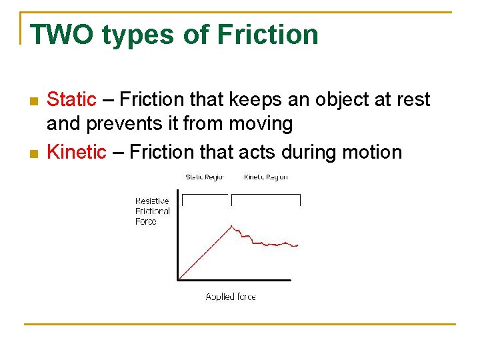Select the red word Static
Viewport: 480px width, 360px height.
tap(71, 100)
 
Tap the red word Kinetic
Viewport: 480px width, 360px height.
tap(77, 152)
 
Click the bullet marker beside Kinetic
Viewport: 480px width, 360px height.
tap(34, 153)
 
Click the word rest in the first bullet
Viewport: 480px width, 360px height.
tap(412, 100)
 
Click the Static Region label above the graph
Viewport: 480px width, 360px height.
tap(204, 177)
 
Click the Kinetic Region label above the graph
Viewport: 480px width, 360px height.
tap(265, 177)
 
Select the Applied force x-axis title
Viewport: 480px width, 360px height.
tap(231, 297)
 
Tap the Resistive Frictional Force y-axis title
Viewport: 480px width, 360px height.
tap(152, 211)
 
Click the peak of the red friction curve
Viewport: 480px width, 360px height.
tap(231, 226)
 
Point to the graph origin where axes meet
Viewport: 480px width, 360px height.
tap(178, 279)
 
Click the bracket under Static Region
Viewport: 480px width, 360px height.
tap(205, 195)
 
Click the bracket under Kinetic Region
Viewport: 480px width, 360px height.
tap(265, 195)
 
